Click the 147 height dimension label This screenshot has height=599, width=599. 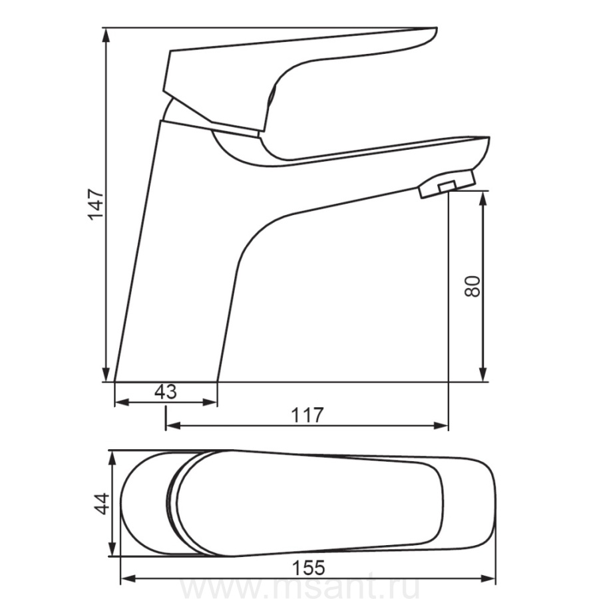point(96,204)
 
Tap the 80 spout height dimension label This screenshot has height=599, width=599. point(473,286)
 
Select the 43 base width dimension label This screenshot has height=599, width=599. point(166,391)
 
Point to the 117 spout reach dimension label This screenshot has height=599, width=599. point(307,415)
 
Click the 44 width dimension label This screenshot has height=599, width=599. point(102,504)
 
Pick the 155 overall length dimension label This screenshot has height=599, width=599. point(309,568)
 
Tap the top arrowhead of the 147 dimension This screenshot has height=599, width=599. point(106,35)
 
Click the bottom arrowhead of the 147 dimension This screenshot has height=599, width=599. point(106,374)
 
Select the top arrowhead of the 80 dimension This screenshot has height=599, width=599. point(483,198)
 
